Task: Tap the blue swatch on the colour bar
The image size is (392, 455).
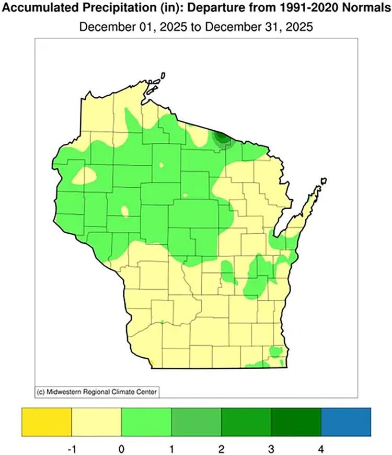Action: click(346, 422)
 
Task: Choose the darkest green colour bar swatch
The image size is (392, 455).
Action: click(296, 422)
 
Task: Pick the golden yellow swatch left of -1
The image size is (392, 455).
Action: click(46, 422)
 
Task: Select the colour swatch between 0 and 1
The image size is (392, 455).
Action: click(146, 422)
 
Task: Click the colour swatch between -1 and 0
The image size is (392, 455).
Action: click(96, 422)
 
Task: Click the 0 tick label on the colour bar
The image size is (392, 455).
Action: click(121, 448)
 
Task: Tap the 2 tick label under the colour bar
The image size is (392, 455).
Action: click(221, 448)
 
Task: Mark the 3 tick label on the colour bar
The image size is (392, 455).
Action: click(271, 448)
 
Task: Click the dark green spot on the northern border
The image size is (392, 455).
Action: click(221, 139)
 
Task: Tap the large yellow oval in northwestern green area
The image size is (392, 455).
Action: click(84, 176)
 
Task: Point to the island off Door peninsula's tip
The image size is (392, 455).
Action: click(324, 181)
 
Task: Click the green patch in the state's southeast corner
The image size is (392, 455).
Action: click(274, 352)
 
